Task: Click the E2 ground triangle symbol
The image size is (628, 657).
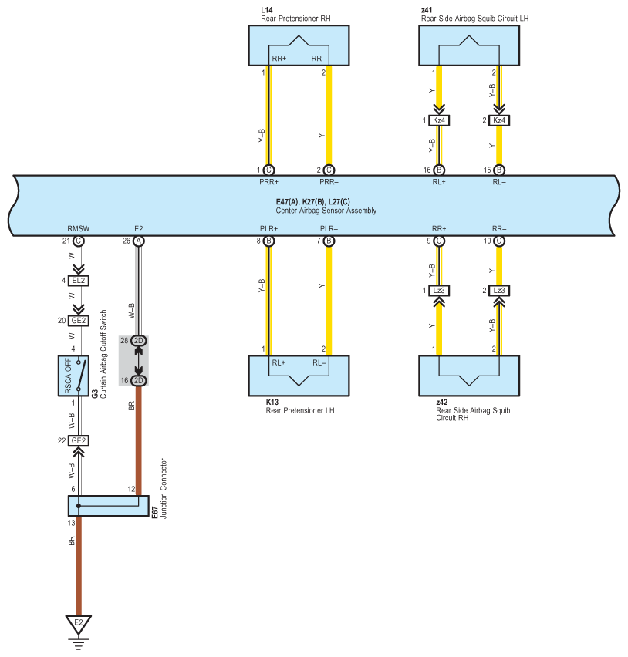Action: point(79,625)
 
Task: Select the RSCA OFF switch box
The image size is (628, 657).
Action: point(73,376)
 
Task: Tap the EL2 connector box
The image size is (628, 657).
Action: point(79,281)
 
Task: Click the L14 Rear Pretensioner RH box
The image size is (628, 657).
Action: point(299,45)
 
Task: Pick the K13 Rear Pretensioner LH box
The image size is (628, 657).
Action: point(299,376)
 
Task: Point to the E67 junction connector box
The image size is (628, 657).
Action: point(109,506)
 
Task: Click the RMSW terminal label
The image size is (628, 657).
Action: point(79,229)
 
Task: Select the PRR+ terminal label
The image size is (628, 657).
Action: point(268,182)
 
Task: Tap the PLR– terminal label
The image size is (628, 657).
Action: point(329,229)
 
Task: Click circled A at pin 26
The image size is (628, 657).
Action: point(139,241)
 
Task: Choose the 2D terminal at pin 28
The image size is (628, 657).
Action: point(139,341)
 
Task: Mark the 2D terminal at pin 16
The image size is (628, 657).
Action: point(139,380)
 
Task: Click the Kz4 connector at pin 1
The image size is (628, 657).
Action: point(439,120)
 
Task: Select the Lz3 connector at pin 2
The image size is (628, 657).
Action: point(499,291)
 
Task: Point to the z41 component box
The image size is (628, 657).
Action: point(469,45)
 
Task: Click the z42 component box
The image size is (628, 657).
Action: point(469,376)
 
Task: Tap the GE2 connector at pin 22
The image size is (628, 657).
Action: point(79,440)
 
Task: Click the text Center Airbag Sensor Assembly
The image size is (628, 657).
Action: point(326,211)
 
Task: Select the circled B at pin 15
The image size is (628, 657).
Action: point(499,170)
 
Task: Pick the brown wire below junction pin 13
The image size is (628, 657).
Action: point(79,566)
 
